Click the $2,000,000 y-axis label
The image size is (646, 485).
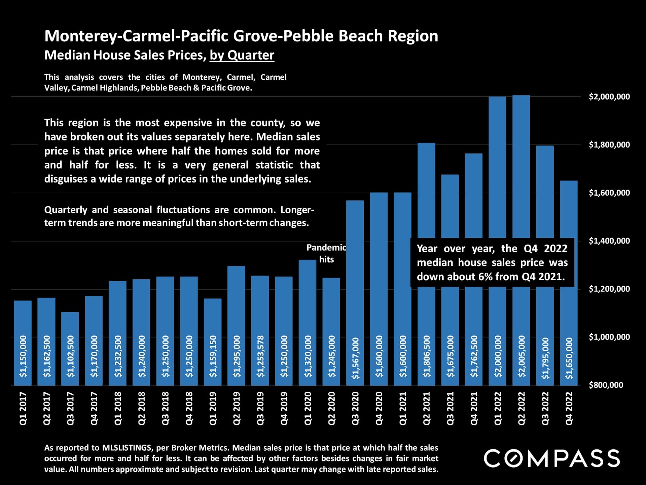pos(609,97)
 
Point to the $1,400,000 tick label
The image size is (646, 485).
pos(609,241)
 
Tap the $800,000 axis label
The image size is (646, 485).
pos(606,385)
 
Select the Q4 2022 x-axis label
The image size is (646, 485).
pos(569,408)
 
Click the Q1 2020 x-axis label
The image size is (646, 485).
pos(308,408)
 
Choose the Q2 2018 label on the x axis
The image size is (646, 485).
pos(141,408)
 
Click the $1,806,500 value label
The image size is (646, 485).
pos(426,356)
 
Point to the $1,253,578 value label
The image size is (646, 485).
pos(260,356)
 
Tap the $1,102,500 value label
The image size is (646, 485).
pos(70,356)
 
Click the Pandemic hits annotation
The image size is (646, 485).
pos(326,253)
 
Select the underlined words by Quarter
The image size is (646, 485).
pos(242,55)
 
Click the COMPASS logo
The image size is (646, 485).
pos(551,458)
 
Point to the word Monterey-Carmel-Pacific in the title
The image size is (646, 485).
pos(136,36)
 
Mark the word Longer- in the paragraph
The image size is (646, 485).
pos(297,210)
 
